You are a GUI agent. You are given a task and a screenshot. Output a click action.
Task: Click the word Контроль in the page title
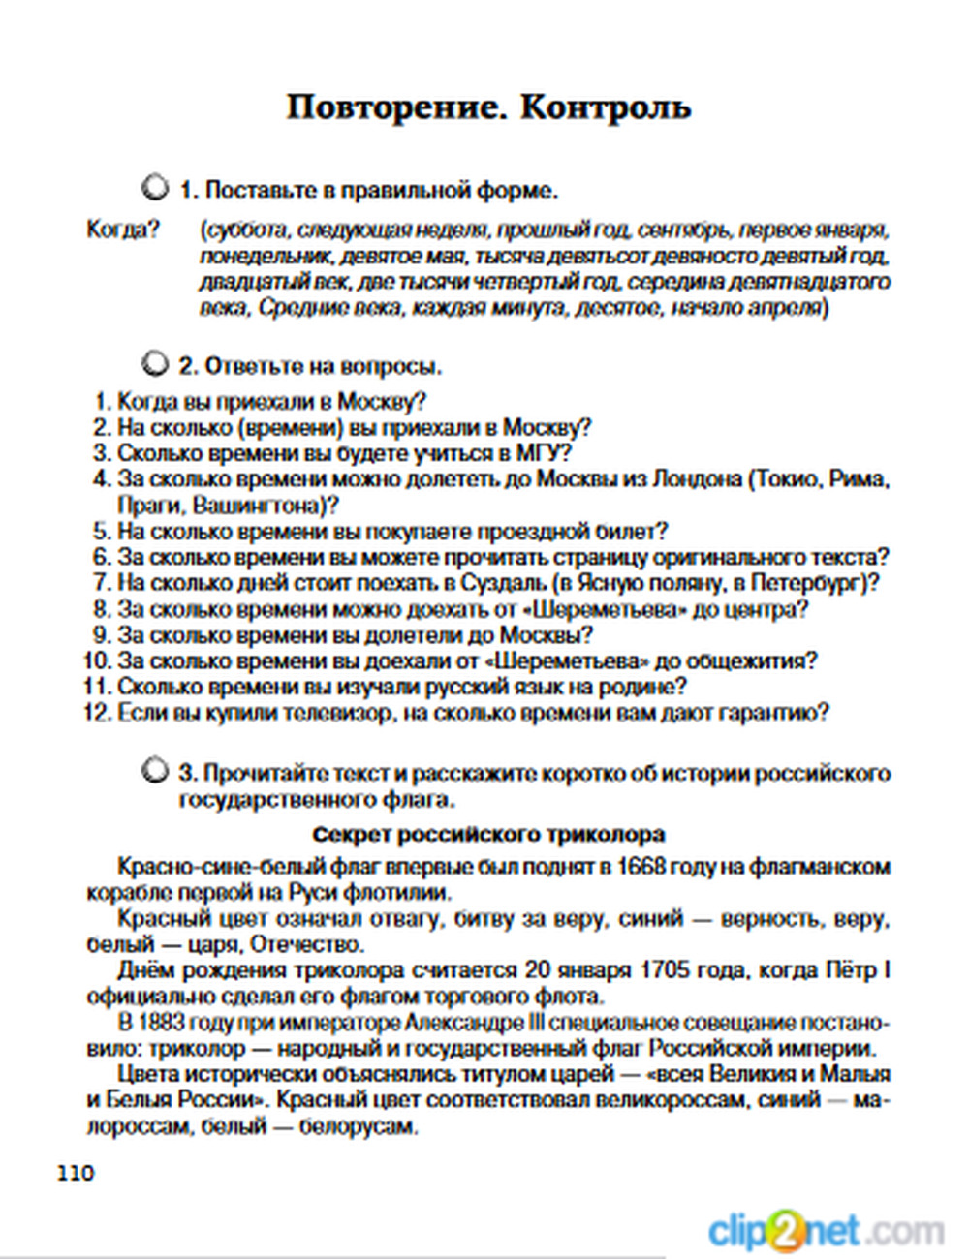[606, 107]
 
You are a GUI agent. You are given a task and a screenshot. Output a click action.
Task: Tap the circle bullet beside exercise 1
[153, 187]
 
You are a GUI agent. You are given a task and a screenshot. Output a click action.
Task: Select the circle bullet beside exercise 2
[153, 364]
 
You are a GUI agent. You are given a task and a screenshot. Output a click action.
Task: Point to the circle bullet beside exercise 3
[153, 771]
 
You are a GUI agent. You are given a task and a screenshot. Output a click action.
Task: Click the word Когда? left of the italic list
[123, 230]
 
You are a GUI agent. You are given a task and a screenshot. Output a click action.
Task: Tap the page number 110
[77, 1173]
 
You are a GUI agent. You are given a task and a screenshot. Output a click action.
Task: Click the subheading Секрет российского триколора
[489, 835]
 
